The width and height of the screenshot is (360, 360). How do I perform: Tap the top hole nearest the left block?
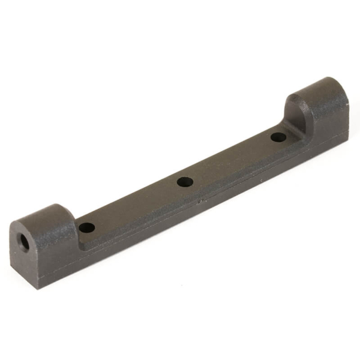click(86, 227)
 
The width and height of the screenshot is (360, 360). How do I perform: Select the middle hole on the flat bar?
click(185, 181)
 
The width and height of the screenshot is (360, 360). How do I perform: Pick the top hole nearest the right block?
click(277, 137)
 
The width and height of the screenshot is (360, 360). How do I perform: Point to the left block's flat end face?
click(24, 249)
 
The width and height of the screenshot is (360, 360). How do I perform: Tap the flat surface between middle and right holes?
click(231, 159)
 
